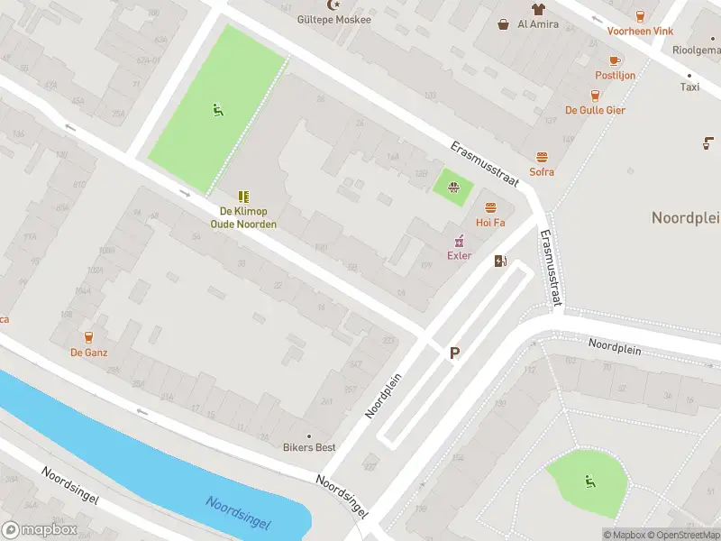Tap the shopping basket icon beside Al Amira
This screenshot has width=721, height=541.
(503, 24)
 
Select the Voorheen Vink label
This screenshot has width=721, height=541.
(640, 31)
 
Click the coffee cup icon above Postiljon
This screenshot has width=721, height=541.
(615, 60)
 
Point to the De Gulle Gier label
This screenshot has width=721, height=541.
(595, 110)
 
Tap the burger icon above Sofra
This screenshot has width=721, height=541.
(542, 157)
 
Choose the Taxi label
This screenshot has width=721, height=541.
(689, 87)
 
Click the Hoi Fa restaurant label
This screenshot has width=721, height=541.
(490, 222)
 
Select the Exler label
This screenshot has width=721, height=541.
(460, 255)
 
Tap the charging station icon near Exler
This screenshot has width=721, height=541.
(500, 261)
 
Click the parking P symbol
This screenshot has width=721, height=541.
(455, 354)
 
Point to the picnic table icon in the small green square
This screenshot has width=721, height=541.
(454, 188)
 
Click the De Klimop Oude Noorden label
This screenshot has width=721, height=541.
(243, 217)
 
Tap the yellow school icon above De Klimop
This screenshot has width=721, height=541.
(243, 196)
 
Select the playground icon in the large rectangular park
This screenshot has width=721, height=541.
(217, 110)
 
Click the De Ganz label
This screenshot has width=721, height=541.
(89, 353)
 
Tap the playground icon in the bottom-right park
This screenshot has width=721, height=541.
(589, 481)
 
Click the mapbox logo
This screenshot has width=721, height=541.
(40, 530)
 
